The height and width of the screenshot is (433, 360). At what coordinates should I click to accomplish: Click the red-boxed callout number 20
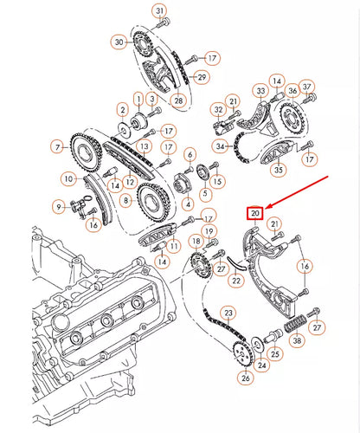click(255, 213)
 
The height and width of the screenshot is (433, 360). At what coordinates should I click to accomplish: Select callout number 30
click(119, 42)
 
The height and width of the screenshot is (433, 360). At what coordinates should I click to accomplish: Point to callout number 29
click(202, 78)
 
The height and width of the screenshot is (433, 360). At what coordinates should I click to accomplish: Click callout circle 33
click(260, 90)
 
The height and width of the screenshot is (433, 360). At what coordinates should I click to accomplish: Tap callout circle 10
click(67, 179)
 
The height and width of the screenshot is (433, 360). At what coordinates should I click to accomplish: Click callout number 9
click(59, 206)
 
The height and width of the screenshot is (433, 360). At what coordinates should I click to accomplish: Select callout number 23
click(228, 313)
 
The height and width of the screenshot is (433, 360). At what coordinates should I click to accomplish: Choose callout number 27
click(318, 328)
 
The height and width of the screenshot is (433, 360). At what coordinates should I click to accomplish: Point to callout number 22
click(235, 280)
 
